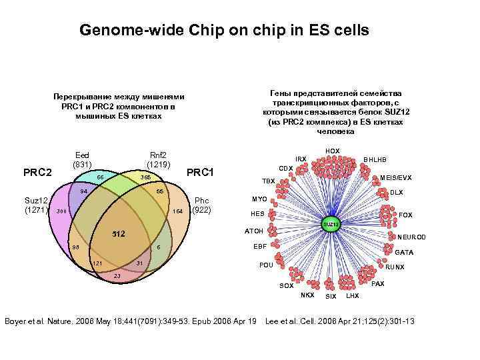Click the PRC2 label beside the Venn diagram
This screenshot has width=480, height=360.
tap(38, 173)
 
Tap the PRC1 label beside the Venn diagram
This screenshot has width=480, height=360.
tap(200, 173)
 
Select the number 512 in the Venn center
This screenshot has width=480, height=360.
tap(119, 235)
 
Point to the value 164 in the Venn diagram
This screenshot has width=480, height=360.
tap(177, 211)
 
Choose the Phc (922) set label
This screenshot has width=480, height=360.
tap(201, 205)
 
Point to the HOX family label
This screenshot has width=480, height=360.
tap(332, 151)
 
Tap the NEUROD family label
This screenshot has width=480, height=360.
tap(411, 237)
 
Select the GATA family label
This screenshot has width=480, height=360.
tap(404, 253)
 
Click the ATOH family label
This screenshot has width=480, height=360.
tap(254, 231)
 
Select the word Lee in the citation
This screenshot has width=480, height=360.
tap(273, 321)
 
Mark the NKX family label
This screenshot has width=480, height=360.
tap(307, 295)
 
